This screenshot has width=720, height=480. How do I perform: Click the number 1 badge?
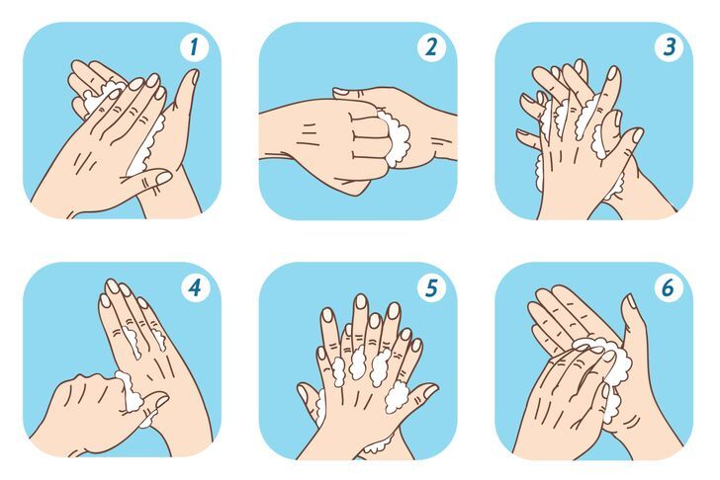[x=194, y=47]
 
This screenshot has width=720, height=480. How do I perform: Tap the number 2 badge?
[x=431, y=47]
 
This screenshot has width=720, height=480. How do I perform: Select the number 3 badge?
[x=669, y=47]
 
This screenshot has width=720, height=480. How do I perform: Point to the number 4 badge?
[x=195, y=288]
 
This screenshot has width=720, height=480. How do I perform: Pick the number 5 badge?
[x=431, y=288]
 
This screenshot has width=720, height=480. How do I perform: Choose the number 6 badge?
[x=669, y=288]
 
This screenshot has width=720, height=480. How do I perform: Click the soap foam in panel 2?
[x=395, y=137]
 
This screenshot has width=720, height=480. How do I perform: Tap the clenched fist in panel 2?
[x=342, y=142]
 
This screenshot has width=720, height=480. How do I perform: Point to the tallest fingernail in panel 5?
[x=361, y=301]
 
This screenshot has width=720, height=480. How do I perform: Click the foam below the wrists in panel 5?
[x=377, y=444]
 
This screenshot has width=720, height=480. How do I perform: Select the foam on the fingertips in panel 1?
[x=102, y=95]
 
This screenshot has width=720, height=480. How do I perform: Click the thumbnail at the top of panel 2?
[x=340, y=93]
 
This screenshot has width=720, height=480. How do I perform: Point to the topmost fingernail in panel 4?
[x=112, y=286]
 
